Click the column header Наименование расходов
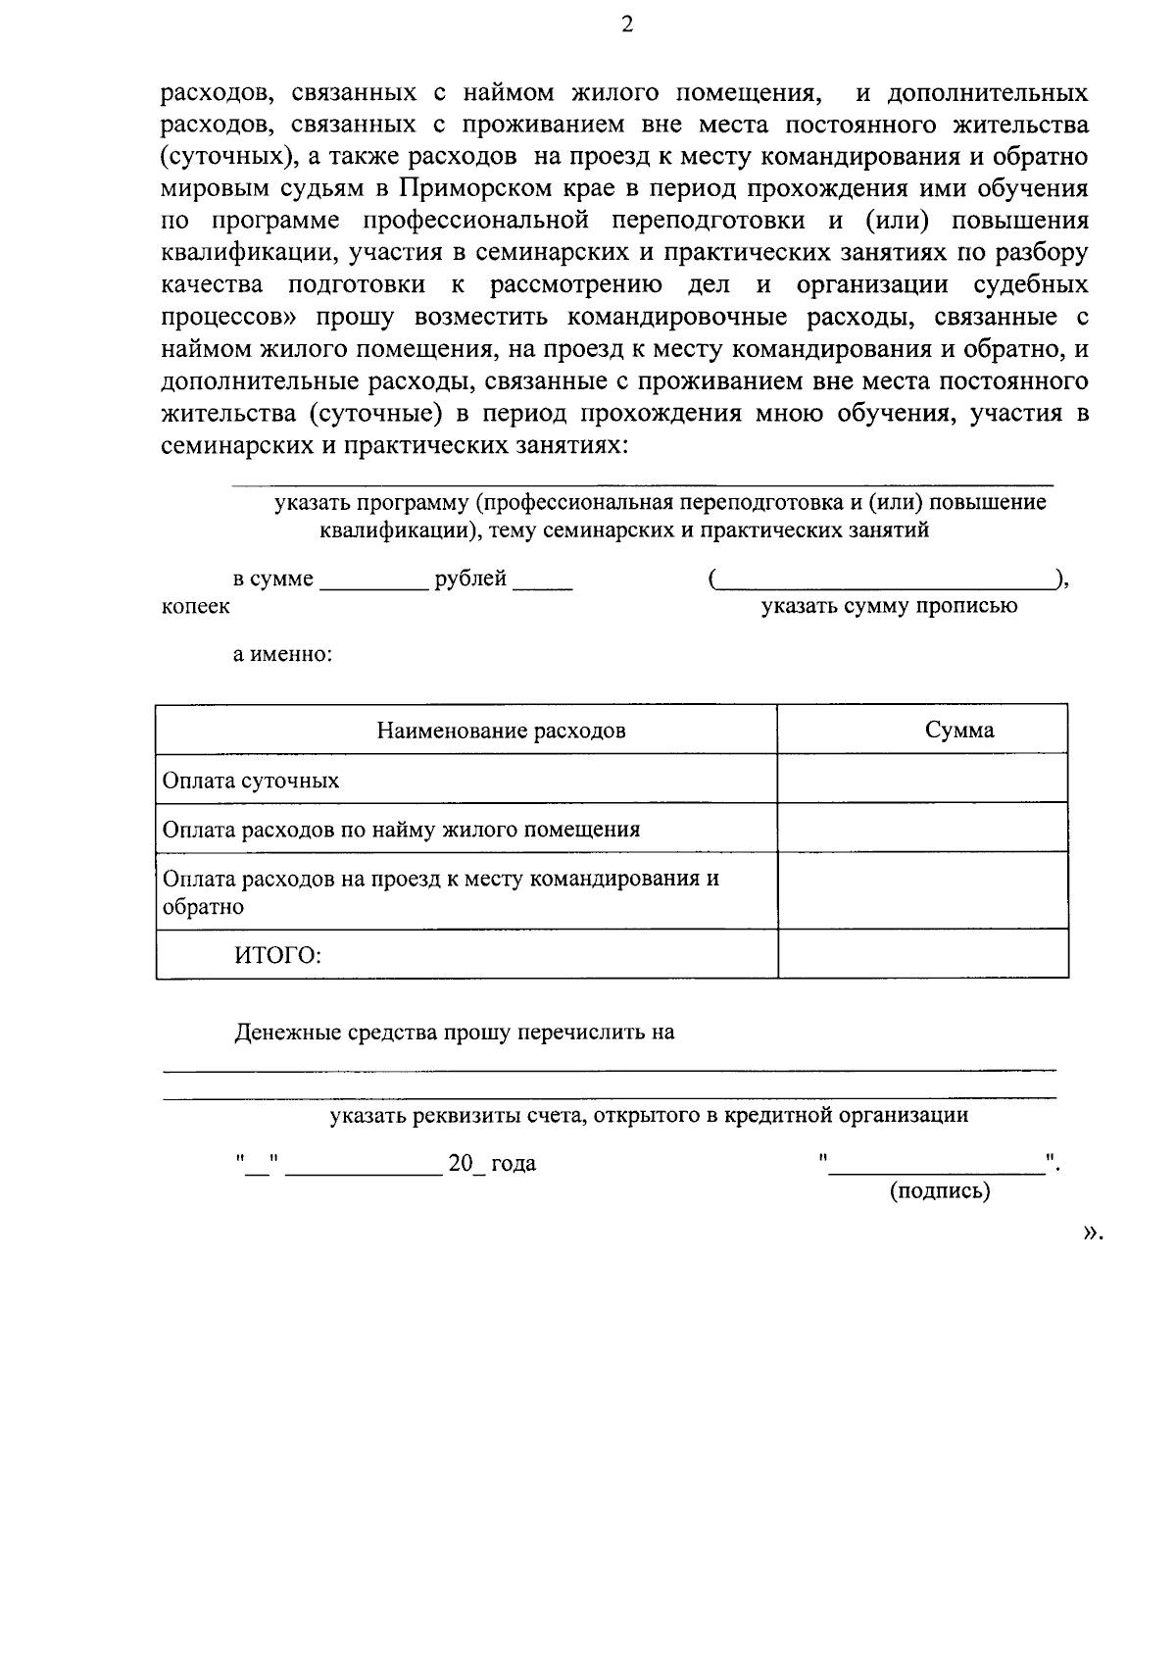(501, 731)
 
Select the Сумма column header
(959, 730)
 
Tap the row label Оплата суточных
(251, 781)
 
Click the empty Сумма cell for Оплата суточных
(922, 779)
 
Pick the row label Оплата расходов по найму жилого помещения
(401, 830)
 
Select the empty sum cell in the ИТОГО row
(922, 954)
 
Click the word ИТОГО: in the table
(277, 955)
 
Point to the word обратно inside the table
(204, 907)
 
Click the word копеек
(196, 606)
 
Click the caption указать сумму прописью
(890, 606)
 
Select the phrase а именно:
(282, 654)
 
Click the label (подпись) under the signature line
(940, 1191)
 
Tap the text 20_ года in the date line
(491, 1164)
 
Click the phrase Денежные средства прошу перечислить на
(454, 1033)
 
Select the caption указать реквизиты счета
(649, 1115)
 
